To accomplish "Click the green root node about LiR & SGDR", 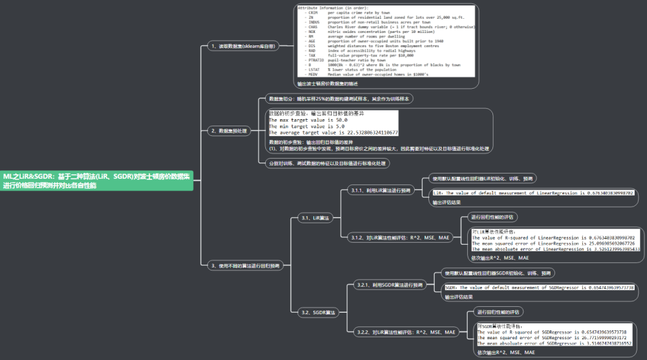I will [x=97, y=181].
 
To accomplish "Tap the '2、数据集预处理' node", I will [x=230, y=131].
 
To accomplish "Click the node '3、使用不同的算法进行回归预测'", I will [x=245, y=265].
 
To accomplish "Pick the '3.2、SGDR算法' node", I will [x=318, y=313].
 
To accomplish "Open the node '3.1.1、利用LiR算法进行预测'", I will [x=380, y=191].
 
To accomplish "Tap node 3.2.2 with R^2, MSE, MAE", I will [x=406, y=332].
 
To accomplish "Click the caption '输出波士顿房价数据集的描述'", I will [x=328, y=84].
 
